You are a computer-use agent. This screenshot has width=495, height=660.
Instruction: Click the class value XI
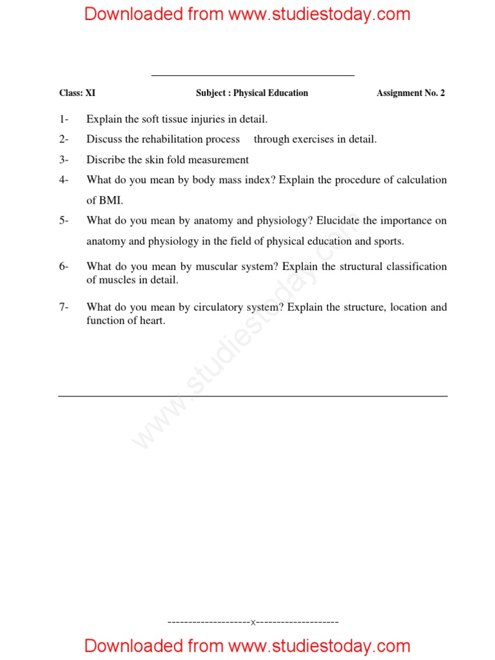pyautogui.click(x=90, y=93)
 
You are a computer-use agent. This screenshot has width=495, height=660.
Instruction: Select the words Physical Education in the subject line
pyautogui.click(x=271, y=93)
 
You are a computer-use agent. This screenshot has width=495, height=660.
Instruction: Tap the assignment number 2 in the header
pyautogui.click(x=442, y=93)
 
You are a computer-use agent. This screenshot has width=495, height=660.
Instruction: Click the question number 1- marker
pyautogui.click(x=64, y=119)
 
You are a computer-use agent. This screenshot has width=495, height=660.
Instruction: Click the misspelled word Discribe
pyautogui.click(x=104, y=160)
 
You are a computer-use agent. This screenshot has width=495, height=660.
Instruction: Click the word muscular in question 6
pyautogui.click(x=213, y=267)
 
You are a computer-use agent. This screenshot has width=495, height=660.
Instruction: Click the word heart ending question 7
pyautogui.click(x=151, y=320)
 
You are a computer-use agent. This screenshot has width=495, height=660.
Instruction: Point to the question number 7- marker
pyautogui.click(x=64, y=307)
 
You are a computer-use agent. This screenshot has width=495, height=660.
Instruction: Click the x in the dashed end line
pyautogui.click(x=253, y=623)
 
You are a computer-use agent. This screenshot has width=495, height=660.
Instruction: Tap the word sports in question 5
pyautogui.click(x=388, y=242)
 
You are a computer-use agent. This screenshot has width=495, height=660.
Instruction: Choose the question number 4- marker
pyautogui.click(x=64, y=180)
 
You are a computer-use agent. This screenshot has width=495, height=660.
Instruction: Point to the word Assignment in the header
pyautogui.click(x=400, y=93)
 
